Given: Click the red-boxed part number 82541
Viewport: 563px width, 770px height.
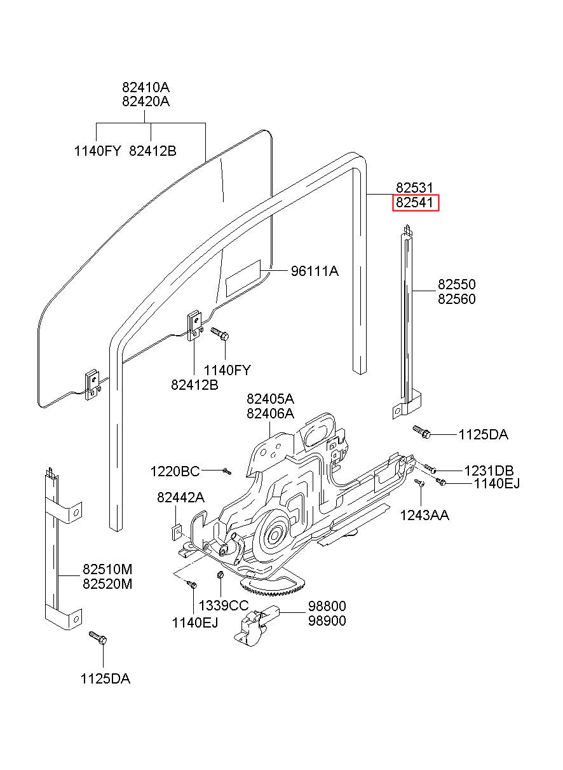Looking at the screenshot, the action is click(x=414, y=202).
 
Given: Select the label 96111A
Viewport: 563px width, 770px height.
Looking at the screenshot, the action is click(x=315, y=272).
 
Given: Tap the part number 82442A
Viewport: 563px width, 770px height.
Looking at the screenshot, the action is click(x=180, y=497).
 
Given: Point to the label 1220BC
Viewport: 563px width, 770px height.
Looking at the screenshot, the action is click(x=175, y=471).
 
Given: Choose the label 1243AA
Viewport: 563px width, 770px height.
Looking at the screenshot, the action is click(x=424, y=515).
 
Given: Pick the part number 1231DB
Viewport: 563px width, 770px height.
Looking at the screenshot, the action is click(x=489, y=471).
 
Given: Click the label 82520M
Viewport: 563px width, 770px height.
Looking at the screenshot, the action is click(x=107, y=584).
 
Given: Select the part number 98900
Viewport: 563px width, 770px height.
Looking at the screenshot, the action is click(x=327, y=621).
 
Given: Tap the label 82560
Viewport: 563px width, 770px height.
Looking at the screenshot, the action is click(x=456, y=299).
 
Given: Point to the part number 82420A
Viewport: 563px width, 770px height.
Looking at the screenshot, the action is click(x=146, y=101).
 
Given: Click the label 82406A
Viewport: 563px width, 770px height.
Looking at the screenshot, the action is click(x=270, y=413).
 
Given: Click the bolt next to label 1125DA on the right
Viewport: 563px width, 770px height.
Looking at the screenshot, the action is click(x=421, y=432).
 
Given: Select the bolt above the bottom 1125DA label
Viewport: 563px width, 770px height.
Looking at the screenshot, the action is click(x=98, y=638).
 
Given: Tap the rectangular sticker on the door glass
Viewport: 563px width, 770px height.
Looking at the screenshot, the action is click(x=243, y=278).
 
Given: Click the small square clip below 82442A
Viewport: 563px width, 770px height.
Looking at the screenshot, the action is click(x=177, y=532).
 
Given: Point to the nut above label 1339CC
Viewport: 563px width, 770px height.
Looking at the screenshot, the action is click(x=220, y=574).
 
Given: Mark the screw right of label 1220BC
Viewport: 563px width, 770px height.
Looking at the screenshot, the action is click(x=227, y=471).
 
